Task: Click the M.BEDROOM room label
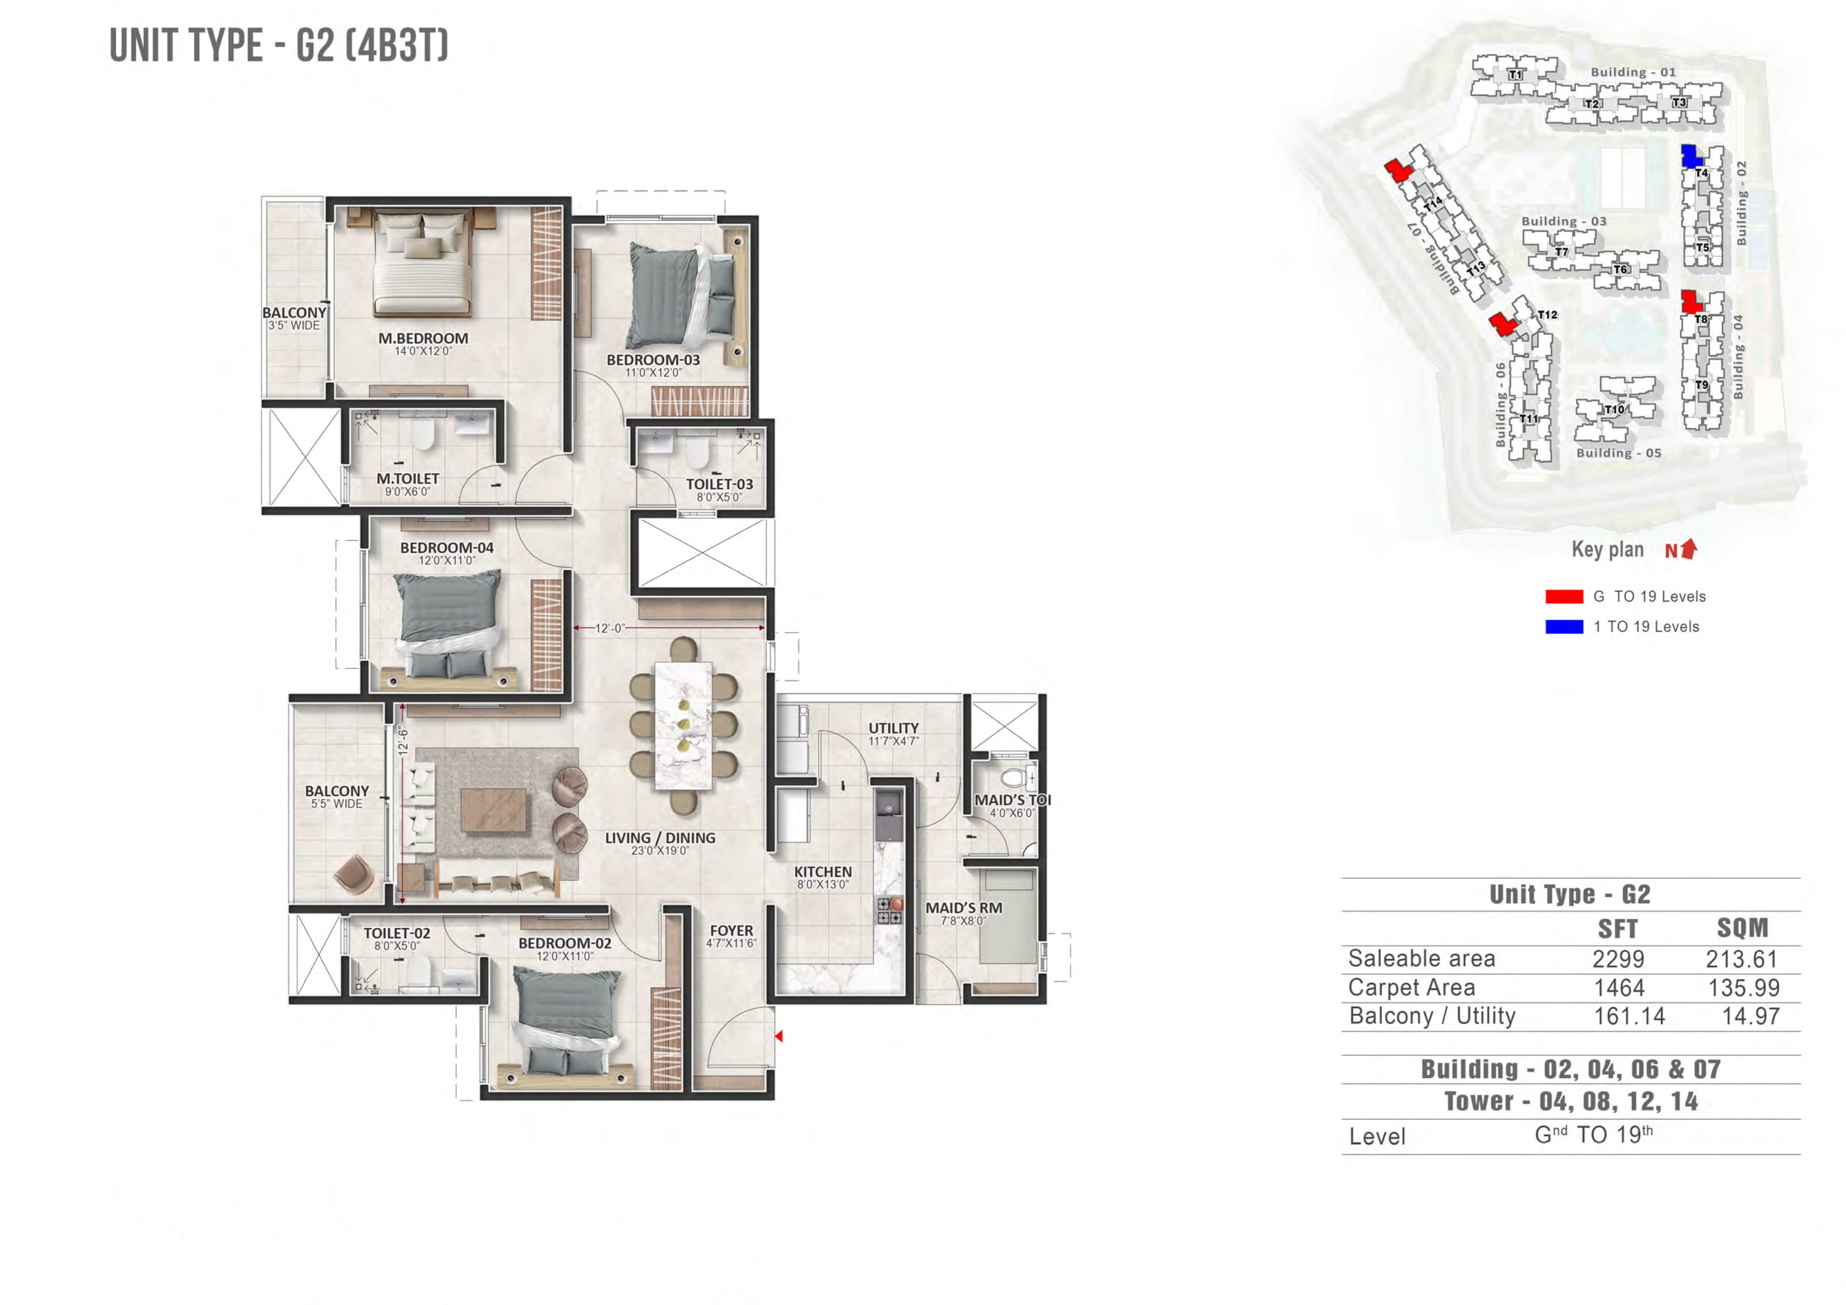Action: [423, 339]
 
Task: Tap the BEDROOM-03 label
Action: [653, 360]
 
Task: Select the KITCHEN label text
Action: [822, 871]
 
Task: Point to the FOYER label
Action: [731, 930]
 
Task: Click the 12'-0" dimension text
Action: [609, 628]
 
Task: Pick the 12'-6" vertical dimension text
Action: [403, 740]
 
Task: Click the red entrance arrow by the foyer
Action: [778, 1037]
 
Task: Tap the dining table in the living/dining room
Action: [683, 725]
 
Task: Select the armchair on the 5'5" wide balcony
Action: [354, 874]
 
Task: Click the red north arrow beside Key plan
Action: [1689, 548]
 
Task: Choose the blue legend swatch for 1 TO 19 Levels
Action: [1564, 627]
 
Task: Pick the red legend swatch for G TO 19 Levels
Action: [1564, 596]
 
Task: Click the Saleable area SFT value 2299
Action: [1618, 959]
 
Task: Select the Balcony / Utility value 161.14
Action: [1629, 1017]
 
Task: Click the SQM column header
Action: [1742, 928]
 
